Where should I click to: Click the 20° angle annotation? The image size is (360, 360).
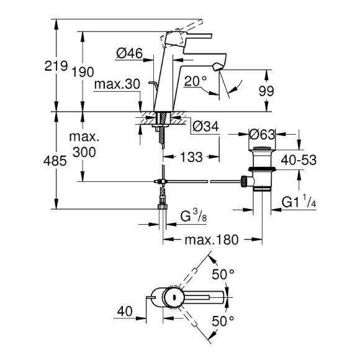[196, 81]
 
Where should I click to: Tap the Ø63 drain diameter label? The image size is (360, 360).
[263, 132]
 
